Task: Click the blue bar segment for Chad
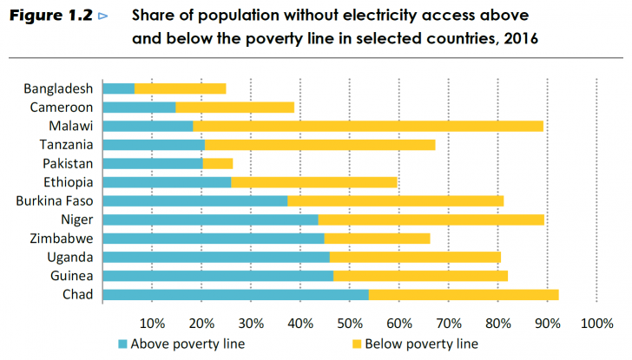(x=235, y=295)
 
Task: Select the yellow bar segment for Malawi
(x=368, y=126)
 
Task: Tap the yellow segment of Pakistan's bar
(x=217, y=163)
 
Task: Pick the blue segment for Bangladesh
(x=118, y=88)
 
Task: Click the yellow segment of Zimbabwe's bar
(x=377, y=239)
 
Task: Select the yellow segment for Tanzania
(x=319, y=145)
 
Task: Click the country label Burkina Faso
(x=54, y=200)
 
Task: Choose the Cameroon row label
(x=62, y=107)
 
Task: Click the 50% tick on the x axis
(x=350, y=324)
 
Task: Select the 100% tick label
(x=596, y=324)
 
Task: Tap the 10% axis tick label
(x=153, y=324)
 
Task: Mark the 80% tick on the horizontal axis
(x=497, y=324)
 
